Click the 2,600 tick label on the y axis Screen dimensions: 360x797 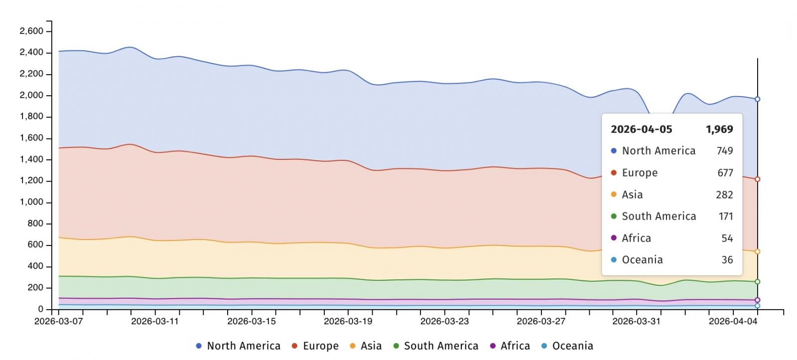(x=31, y=31)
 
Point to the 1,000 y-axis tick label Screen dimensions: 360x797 (x=31, y=202)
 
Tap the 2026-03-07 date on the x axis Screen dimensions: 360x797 (x=58, y=321)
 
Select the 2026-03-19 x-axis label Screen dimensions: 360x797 (x=348, y=321)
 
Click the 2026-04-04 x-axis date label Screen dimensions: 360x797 (x=733, y=321)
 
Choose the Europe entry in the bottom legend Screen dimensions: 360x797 (x=320, y=346)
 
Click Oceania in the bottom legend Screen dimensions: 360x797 (x=572, y=346)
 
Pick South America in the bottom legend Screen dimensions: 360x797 (x=441, y=346)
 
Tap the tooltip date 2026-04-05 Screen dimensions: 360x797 (x=641, y=129)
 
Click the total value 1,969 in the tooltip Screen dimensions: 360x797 (x=719, y=129)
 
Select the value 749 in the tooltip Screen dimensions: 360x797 (x=725, y=151)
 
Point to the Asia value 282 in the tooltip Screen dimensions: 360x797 (x=724, y=195)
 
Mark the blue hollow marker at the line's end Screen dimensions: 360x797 (x=757, y=99)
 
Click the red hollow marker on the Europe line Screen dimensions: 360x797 (x=757, y=179)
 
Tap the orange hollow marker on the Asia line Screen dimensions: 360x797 (x=757, y=252)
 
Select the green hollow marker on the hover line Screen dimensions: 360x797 (x=757, y=282)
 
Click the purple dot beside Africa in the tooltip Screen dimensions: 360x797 (x=614, y=238)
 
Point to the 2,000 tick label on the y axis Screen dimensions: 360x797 (x=31, y=95)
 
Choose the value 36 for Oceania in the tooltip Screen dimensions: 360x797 (x=727, y=260)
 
